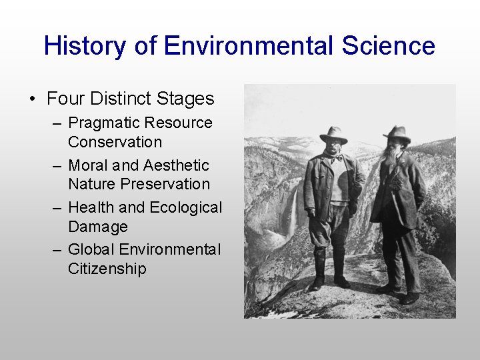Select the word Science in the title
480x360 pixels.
389,47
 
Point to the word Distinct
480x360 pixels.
119,99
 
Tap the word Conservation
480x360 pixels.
115,142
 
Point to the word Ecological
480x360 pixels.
185,208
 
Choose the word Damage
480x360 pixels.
97,227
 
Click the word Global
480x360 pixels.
91,250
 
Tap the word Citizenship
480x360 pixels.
107,269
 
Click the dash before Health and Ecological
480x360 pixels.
58,208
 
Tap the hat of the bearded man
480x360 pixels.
397,133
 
